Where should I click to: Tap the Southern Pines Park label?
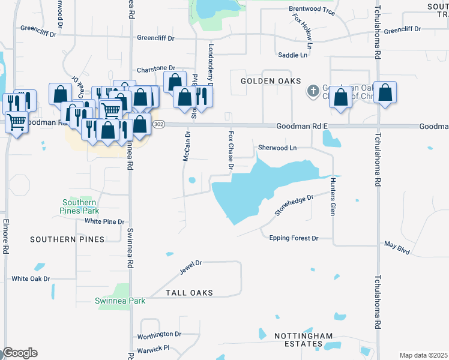point(79,206)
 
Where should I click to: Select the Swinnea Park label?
point(120,301)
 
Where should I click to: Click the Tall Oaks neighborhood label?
point(189,293)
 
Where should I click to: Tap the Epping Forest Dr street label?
point(294,238)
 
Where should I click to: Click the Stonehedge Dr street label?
point(294,205)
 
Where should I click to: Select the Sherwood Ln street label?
point(277,148)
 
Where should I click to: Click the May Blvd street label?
point(397,247)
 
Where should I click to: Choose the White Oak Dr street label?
point(31,278)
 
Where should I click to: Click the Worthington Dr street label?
point(159,334)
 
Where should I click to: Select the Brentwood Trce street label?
point(311,9)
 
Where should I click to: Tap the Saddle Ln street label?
point(292,55)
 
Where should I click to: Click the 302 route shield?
point(158,124)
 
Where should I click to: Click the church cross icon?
point(313,92)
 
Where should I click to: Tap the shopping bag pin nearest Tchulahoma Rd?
point(385,94)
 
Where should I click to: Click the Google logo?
point(20,353)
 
